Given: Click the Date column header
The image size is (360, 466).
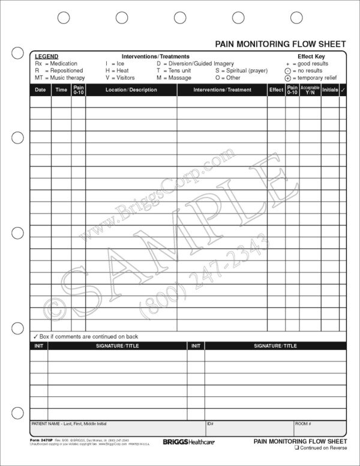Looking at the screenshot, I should point(40,89).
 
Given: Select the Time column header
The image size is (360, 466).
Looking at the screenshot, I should point(61,89).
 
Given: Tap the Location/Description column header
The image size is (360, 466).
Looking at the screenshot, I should point(131,89).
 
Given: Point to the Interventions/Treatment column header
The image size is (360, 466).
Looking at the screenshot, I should point(222,89).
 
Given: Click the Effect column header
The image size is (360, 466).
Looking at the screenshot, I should point(276,89).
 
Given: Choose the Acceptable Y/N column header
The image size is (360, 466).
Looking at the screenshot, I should point(310,89).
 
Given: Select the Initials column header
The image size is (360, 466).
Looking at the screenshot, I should point(329,89).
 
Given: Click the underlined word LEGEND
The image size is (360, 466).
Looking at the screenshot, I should point(46,56).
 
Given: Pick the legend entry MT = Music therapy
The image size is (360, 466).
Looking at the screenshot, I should point(59,77).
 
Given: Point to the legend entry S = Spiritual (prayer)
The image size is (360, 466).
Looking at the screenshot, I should point(242,70).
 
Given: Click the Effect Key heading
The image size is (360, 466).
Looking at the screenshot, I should point(311,56).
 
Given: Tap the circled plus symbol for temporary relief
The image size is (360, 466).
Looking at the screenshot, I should point(288,78).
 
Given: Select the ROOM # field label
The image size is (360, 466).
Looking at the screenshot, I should point(303,424).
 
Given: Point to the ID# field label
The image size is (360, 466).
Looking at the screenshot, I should point(211,424).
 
